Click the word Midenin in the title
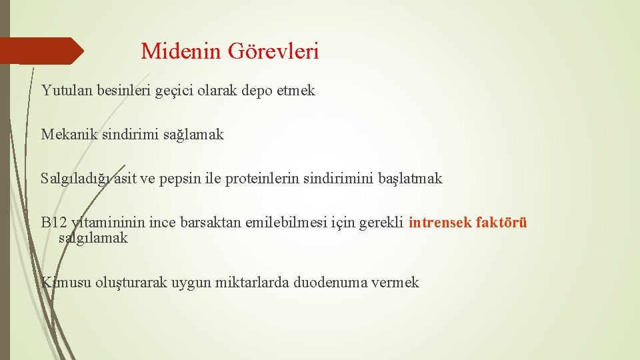pos(181,51)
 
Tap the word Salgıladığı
pos(75,179)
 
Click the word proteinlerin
pos(262,178)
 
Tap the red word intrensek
pos(441,222)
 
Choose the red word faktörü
pos(501,222)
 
